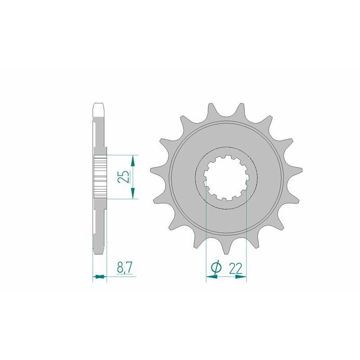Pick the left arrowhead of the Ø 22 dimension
pos(209,277)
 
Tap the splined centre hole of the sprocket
pos(226,177)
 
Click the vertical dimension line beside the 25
pos(133,177)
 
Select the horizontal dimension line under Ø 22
pos(226,277)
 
